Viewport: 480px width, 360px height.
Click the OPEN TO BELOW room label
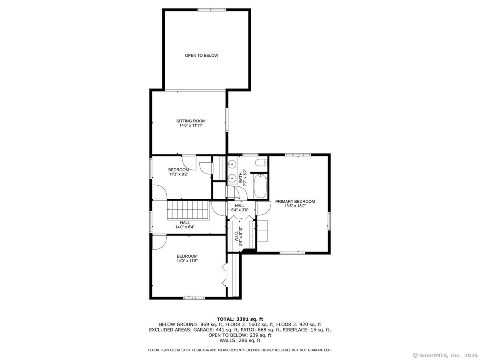click(x=202, y=56)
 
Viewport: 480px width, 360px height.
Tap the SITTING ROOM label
click(x=191, y=121)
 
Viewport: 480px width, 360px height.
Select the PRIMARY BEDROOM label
click(x=295, y=201)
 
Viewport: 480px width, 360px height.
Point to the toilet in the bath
click(x=261, y=163)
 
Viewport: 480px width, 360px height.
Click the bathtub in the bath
click(x=260, y=186)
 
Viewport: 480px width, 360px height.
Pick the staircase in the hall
click(x=188, y=210)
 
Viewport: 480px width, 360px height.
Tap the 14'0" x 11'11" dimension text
click(x=191, y=126)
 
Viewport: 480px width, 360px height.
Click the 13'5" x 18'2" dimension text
click(x=295, y=206)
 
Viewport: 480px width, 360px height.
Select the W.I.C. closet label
click(x=236, y=237)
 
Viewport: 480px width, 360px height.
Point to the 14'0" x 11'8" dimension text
click(x=187, y=260)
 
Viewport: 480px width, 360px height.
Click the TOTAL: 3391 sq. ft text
click(x=240, y=319)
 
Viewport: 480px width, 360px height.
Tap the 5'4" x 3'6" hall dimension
click(x=240, y=210)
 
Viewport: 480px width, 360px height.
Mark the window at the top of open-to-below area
click(x=212, y=10)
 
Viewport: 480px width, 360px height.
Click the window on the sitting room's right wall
click(x=227, y=120)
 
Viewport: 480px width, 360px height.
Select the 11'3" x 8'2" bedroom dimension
click(x=178, y=174)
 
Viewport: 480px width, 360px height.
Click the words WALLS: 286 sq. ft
click(x=240, y=340)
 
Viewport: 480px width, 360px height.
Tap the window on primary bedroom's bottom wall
click(x=292, y=253)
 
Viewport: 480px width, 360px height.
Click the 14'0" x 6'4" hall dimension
click(x=185, y=227)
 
